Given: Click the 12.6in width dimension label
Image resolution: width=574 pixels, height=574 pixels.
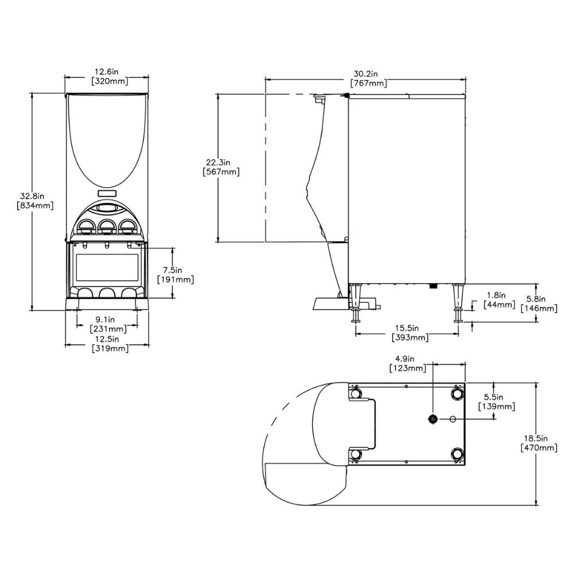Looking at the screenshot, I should tap(106, 76).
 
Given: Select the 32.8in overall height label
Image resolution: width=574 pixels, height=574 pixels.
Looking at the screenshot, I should tap(35, 200).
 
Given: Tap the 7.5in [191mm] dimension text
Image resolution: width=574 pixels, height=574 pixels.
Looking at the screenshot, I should tap(175, 274).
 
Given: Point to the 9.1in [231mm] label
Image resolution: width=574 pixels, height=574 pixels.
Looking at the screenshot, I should tap(106, 324).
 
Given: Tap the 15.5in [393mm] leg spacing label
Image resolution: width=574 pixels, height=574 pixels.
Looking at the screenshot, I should tap(409, 332).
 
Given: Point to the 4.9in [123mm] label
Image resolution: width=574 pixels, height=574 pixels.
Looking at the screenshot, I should tap(407, 363).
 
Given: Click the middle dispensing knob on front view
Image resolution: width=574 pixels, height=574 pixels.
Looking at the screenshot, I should tap(106, 226).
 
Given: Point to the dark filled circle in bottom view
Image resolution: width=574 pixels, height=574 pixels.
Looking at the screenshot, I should tap(432, 419).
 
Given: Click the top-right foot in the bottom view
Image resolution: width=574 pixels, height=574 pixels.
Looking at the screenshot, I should tap(457, 393).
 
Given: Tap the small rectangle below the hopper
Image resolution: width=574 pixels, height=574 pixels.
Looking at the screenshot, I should tap(106, 193).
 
